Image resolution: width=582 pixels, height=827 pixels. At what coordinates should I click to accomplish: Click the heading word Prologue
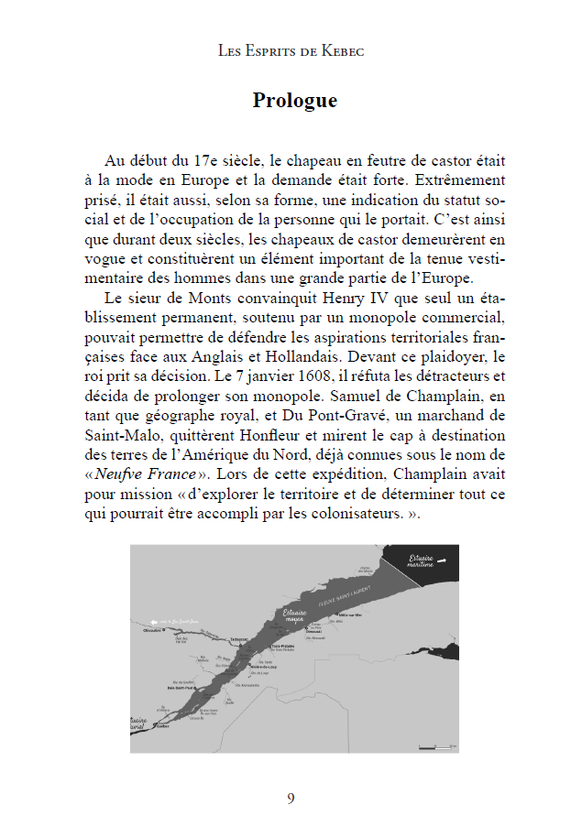(294, 101)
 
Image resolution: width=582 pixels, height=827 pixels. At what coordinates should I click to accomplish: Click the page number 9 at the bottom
(291, 799)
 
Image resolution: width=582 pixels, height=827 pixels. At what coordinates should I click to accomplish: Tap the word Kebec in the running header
(342, 51)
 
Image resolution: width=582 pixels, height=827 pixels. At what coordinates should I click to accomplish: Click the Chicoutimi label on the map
(153, 630)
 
